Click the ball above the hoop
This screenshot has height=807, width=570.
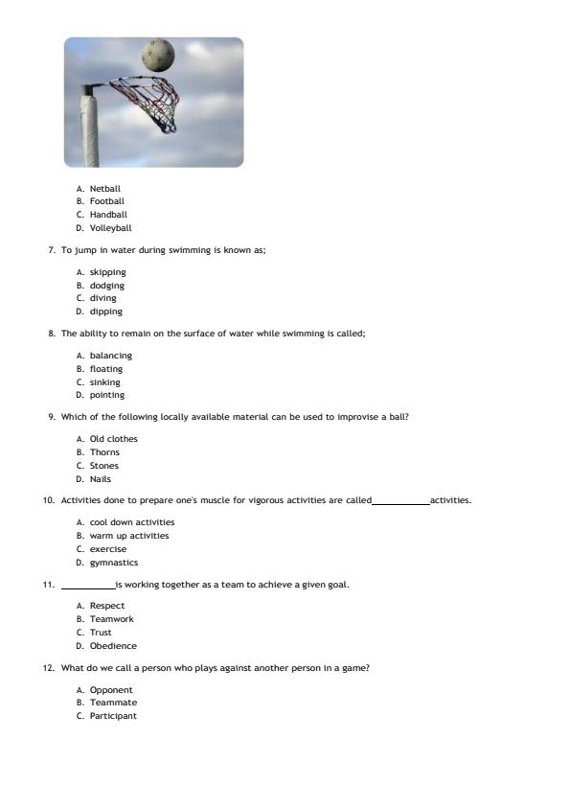(x=158, y=55)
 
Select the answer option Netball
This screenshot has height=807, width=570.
(x=104, y=189)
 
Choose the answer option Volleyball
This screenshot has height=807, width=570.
(x=110, y=228)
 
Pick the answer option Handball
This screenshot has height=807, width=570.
(x=108, y=215)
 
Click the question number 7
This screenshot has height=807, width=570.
(x=51, y=250)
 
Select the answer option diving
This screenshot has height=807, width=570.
(x=103, y=298)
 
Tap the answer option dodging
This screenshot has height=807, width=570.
(x=106, y=286)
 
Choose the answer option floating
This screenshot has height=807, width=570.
(x=105, y=369)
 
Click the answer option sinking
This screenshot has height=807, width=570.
(x=104, y=382)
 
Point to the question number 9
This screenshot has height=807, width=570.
(x=51, y=417)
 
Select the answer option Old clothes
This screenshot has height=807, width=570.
(x=113, y=439)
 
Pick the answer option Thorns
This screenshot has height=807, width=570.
(x=104, y=452)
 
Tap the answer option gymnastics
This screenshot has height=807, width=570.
(x=113, y=563)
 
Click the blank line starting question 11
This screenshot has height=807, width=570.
(x=87, y=587)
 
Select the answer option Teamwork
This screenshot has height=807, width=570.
(x=111, y=619)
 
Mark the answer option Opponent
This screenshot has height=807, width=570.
(x=111, y=690)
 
